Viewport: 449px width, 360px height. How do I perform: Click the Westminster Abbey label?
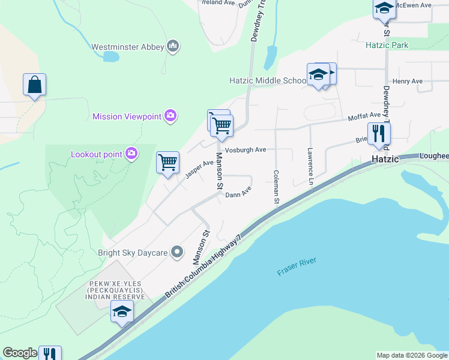click(x=127, y=46)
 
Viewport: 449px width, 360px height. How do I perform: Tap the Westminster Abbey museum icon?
click(x=173, y=46)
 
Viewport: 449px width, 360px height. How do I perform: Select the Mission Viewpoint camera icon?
click(x=171, y=115)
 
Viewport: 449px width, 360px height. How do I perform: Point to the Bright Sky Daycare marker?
click(x=177, y=253)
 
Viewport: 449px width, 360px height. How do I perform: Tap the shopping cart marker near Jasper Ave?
click(x=167, y=162)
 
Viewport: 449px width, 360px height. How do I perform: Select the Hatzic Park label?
click(x=387, y=45)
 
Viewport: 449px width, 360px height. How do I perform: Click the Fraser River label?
click(x=297, y=267)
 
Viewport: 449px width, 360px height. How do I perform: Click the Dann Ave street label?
click(x=238, y=193)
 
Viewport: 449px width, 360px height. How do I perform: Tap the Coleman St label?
click(x=276, y=187)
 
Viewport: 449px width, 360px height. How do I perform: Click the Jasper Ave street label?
click(x=199, y=169)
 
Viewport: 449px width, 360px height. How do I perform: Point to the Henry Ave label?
click(x=408, y=81)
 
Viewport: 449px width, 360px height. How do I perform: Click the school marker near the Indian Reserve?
click(x=122, y=311)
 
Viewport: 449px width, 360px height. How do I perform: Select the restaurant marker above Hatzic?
click(x=378, y=133)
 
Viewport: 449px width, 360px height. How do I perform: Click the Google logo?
click(x=20, y=353)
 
